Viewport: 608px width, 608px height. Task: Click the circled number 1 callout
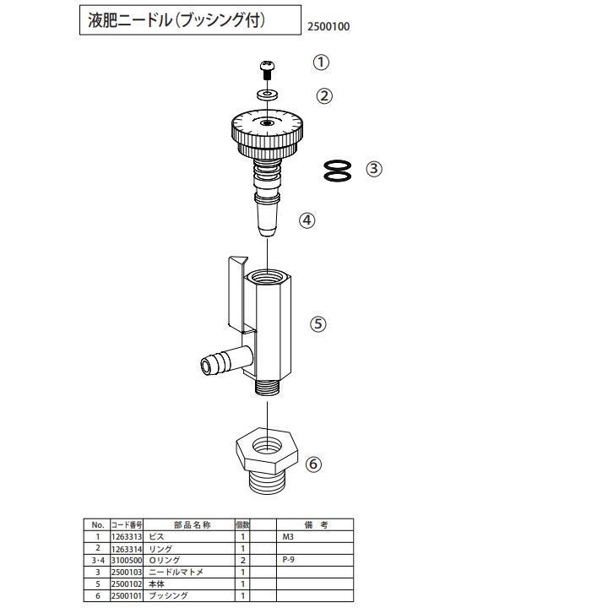[x=321, y=62]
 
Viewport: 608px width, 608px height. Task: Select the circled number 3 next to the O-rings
[x=374, y=169]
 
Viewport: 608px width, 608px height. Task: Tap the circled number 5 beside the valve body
[x=318, y=323]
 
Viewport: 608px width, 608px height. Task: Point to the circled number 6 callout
[x=314, y=464]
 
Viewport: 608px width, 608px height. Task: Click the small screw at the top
[x=268, y=68]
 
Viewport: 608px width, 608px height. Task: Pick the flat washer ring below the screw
[x=268, y=94]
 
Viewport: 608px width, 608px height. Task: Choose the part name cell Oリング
[x=166, y=560]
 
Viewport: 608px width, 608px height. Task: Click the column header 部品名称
[x=190, y=524]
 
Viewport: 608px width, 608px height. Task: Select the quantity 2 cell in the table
[x=242, y=560]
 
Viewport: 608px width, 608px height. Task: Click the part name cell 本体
[x=157, y=584]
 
